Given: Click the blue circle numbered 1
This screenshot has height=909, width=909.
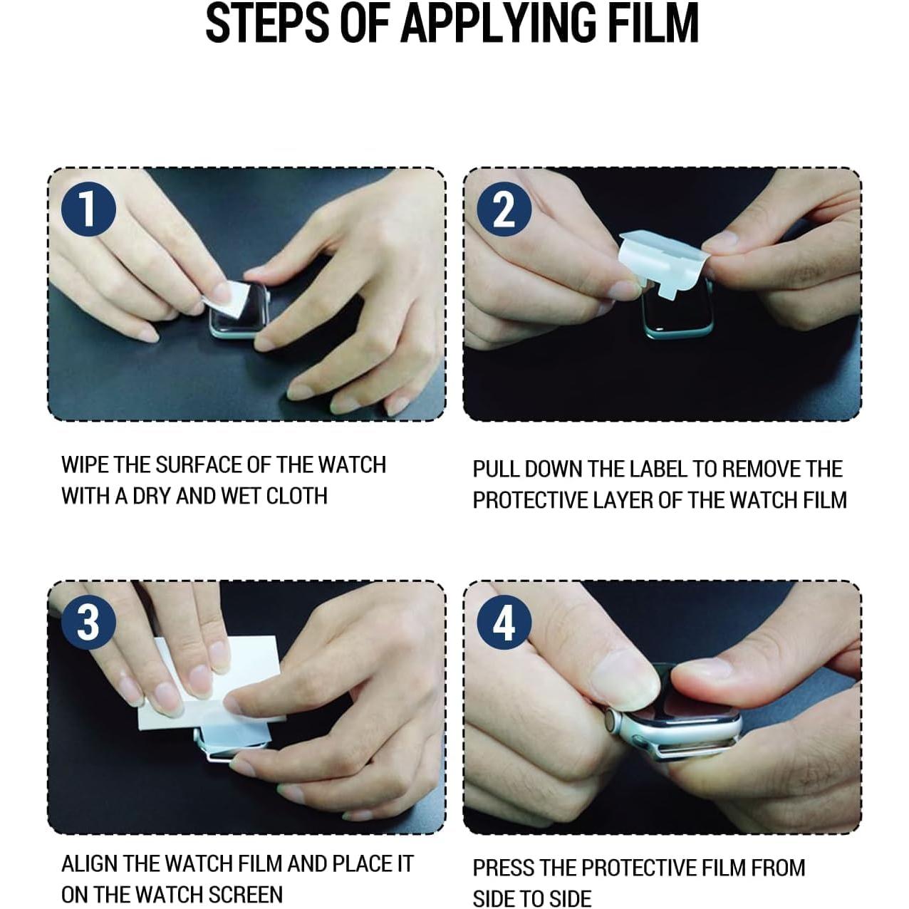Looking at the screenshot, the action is (88, 209).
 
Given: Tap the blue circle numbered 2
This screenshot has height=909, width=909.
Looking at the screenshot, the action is (504, 209).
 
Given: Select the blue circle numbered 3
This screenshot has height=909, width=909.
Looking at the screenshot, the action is (88, 622).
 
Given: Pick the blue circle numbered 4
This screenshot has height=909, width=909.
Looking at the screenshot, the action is (504, 622).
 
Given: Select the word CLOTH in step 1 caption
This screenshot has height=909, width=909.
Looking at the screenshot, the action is (297, 496).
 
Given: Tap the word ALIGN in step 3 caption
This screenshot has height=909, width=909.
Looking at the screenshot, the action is (90, 863).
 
